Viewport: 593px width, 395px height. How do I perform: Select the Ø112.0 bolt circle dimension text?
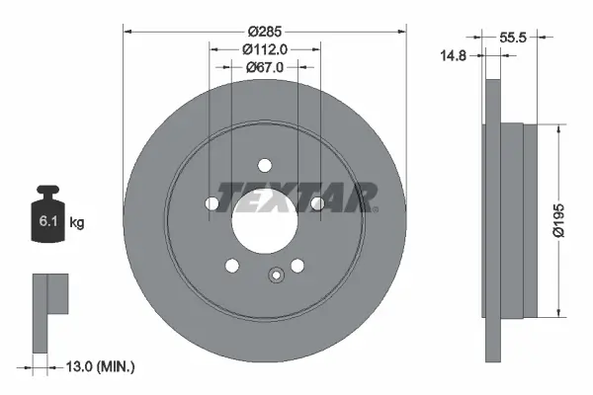pyautogui.click(x=265, y=49)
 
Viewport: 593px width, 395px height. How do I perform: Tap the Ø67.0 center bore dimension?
pyautogui.click(x=265, y=67)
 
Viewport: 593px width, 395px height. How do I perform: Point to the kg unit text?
pyautogui.click(x=77, y=223)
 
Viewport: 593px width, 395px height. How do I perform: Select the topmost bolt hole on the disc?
pyautogui.click(x=265, y=165)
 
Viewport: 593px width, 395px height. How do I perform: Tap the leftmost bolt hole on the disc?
pyautogui.click(x=212, y=203)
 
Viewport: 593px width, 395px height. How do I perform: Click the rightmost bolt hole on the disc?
pyautogui.click(x=317, y=203)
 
